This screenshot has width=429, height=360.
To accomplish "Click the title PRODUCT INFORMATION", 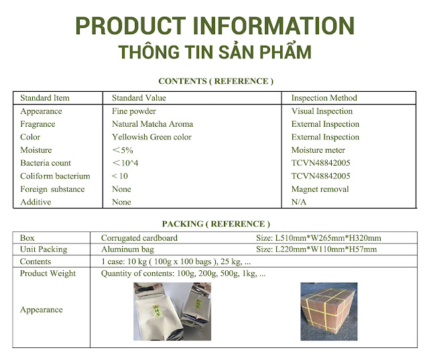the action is (x=214, y=25).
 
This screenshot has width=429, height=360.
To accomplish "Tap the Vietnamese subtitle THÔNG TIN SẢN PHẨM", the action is (x=215, y=52).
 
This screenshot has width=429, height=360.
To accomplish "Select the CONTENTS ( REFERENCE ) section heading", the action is (x=216, y=81).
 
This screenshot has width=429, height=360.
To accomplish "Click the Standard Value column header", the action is (x=139, y=98).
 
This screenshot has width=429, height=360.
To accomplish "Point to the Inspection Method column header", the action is (x=324, y=98).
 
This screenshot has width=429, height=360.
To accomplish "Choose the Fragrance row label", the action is (x=38, y=124).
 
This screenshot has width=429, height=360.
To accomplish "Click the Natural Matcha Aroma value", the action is (x=152, y=124).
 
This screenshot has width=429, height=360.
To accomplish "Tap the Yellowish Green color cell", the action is (x=151, y=137).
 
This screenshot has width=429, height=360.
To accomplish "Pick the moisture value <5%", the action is (x=123, y=150).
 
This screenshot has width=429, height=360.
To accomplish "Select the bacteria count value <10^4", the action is (x=125, y=163).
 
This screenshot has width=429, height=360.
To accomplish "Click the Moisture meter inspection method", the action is (x=318, y=150).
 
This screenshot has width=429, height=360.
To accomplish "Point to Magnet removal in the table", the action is (x=320, y=189).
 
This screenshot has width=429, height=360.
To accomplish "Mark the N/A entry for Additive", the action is (x=299, y=202).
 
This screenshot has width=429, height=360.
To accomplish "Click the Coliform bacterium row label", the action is (x=55, y=176).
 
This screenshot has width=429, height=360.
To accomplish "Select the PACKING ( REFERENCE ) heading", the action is (x=216, y=224).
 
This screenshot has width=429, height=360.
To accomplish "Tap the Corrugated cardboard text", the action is (x=139, y=238).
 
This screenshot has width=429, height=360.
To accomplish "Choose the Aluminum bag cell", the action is (x=127, y=249).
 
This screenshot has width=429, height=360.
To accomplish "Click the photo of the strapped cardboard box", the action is (x=329, y=312).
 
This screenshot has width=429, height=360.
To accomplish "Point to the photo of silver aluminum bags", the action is (x=172, y=312).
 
